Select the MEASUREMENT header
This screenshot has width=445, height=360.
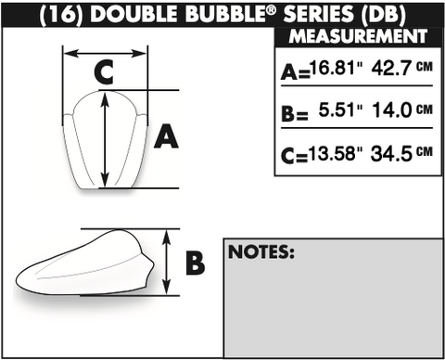click(358, 36)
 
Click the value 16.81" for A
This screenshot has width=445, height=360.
click(336, 68)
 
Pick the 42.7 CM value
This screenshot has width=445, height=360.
click(401, 68)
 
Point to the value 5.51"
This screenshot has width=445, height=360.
click(340, 109)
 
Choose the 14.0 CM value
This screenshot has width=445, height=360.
click(402, 109)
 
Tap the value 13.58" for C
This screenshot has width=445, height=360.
click(336, 153)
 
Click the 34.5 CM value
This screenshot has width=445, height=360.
click(401, 153)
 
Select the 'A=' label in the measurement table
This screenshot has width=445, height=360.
click(296, 73)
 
